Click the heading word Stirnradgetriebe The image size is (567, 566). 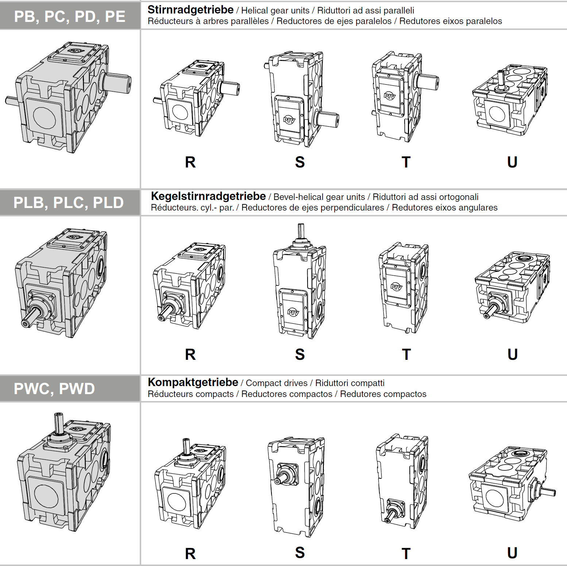[x=190, y=10]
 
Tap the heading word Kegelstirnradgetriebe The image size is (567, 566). [x=208, y=196]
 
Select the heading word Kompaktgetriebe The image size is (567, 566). [x=193, y=382]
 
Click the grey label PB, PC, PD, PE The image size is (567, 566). [x=70, y=16]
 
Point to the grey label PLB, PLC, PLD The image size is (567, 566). [x=69, y=203]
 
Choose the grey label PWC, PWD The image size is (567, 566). [x=54, y=389]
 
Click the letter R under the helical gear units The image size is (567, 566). [x=190, y=162]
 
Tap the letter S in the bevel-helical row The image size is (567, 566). [x=300, y=354]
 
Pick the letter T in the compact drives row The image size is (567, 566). [x=406, y=554]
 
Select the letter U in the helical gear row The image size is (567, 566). [x=512, y=162]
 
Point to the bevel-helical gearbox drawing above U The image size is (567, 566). [x=512, y=286]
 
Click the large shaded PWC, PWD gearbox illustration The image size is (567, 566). [x=64, y=473]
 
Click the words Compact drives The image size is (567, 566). [x=277, y=383]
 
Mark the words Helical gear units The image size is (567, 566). [x=275, y=11]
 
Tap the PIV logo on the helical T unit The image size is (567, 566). [x=390, y=96]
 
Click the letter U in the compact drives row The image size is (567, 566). [x=512, y=553]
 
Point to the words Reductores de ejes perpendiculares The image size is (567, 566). [x=313, y=208]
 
